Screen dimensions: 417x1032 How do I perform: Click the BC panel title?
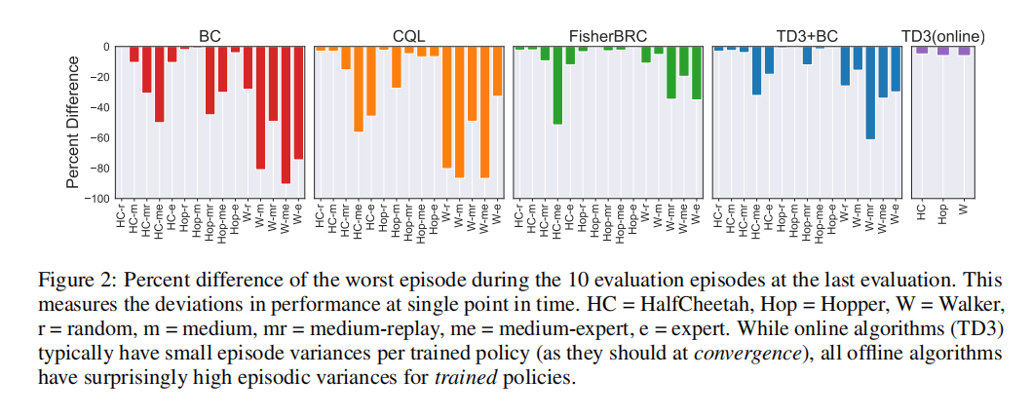click(210, 36)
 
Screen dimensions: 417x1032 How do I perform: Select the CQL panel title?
click(408, 36)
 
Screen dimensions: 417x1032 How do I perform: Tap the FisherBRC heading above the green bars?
click(607, 36)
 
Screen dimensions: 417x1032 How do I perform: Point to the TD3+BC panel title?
click(806, 36)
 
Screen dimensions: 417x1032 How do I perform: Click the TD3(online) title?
click(943, 36)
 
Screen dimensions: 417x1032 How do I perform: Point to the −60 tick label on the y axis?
click(98, 138)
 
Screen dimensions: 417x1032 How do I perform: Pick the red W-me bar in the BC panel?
click(286, 115)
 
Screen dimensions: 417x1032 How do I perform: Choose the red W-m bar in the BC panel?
click(260, 108)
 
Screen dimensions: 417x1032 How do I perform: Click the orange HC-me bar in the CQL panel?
click(358, 89)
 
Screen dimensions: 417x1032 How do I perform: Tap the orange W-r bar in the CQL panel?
click(447, 107)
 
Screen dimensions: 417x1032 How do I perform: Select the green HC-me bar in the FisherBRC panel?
click(557, 86)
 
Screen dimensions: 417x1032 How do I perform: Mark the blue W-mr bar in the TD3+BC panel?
click(870, 93)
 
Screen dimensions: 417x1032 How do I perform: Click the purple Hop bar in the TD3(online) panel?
click(943, 51)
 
